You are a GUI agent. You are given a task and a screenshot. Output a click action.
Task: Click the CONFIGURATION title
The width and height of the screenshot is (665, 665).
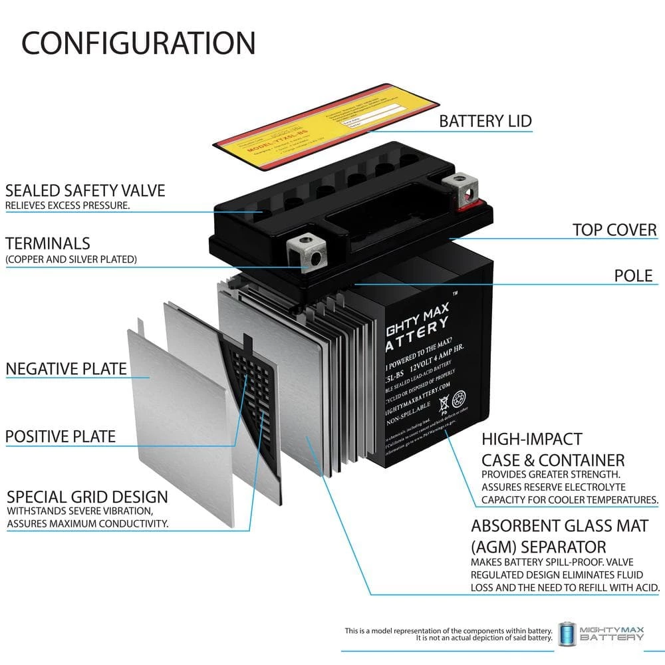click(x=138, y=43)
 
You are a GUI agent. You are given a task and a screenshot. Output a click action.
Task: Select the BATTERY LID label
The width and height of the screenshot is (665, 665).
click(x=485, y=121)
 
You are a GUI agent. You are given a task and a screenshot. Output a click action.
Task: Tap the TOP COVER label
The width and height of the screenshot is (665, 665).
click(x=614, y=230)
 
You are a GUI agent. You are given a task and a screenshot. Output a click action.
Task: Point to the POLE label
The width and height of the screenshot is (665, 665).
click(x=633, y=275)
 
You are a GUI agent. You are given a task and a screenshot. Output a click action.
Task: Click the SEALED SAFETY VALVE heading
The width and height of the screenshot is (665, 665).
click(x=85, y=190)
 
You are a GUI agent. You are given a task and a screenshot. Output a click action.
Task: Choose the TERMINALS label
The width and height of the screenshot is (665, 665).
click(x=48, y=243)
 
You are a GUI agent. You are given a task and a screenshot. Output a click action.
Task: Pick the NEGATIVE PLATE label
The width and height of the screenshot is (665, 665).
click(x=66, y=368)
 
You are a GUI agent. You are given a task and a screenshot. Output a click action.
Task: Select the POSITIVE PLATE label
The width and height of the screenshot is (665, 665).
click(x=61, y=437)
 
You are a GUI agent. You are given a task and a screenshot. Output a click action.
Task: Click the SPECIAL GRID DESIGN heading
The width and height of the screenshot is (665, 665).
click(x=87, y=497)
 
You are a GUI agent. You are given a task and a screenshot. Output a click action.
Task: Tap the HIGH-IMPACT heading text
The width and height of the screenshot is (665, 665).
click(x=531, y=439)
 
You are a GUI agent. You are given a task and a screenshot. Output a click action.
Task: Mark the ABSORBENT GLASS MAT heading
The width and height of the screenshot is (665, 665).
click(x=559, y=526)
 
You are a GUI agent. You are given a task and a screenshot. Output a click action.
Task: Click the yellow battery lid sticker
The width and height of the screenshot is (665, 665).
click(x=326, y=116)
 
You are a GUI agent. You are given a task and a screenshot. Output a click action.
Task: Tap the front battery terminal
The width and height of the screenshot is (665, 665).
click(x=308, y=253)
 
